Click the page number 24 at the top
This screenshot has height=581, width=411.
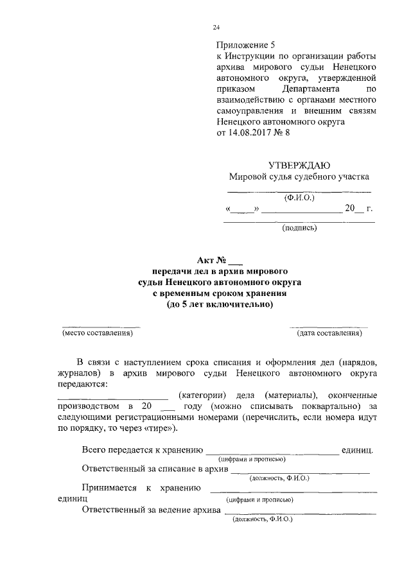(x=216, y=27)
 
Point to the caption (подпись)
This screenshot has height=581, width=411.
(x=299, y=227)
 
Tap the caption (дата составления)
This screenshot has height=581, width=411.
(x=329, y=333)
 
